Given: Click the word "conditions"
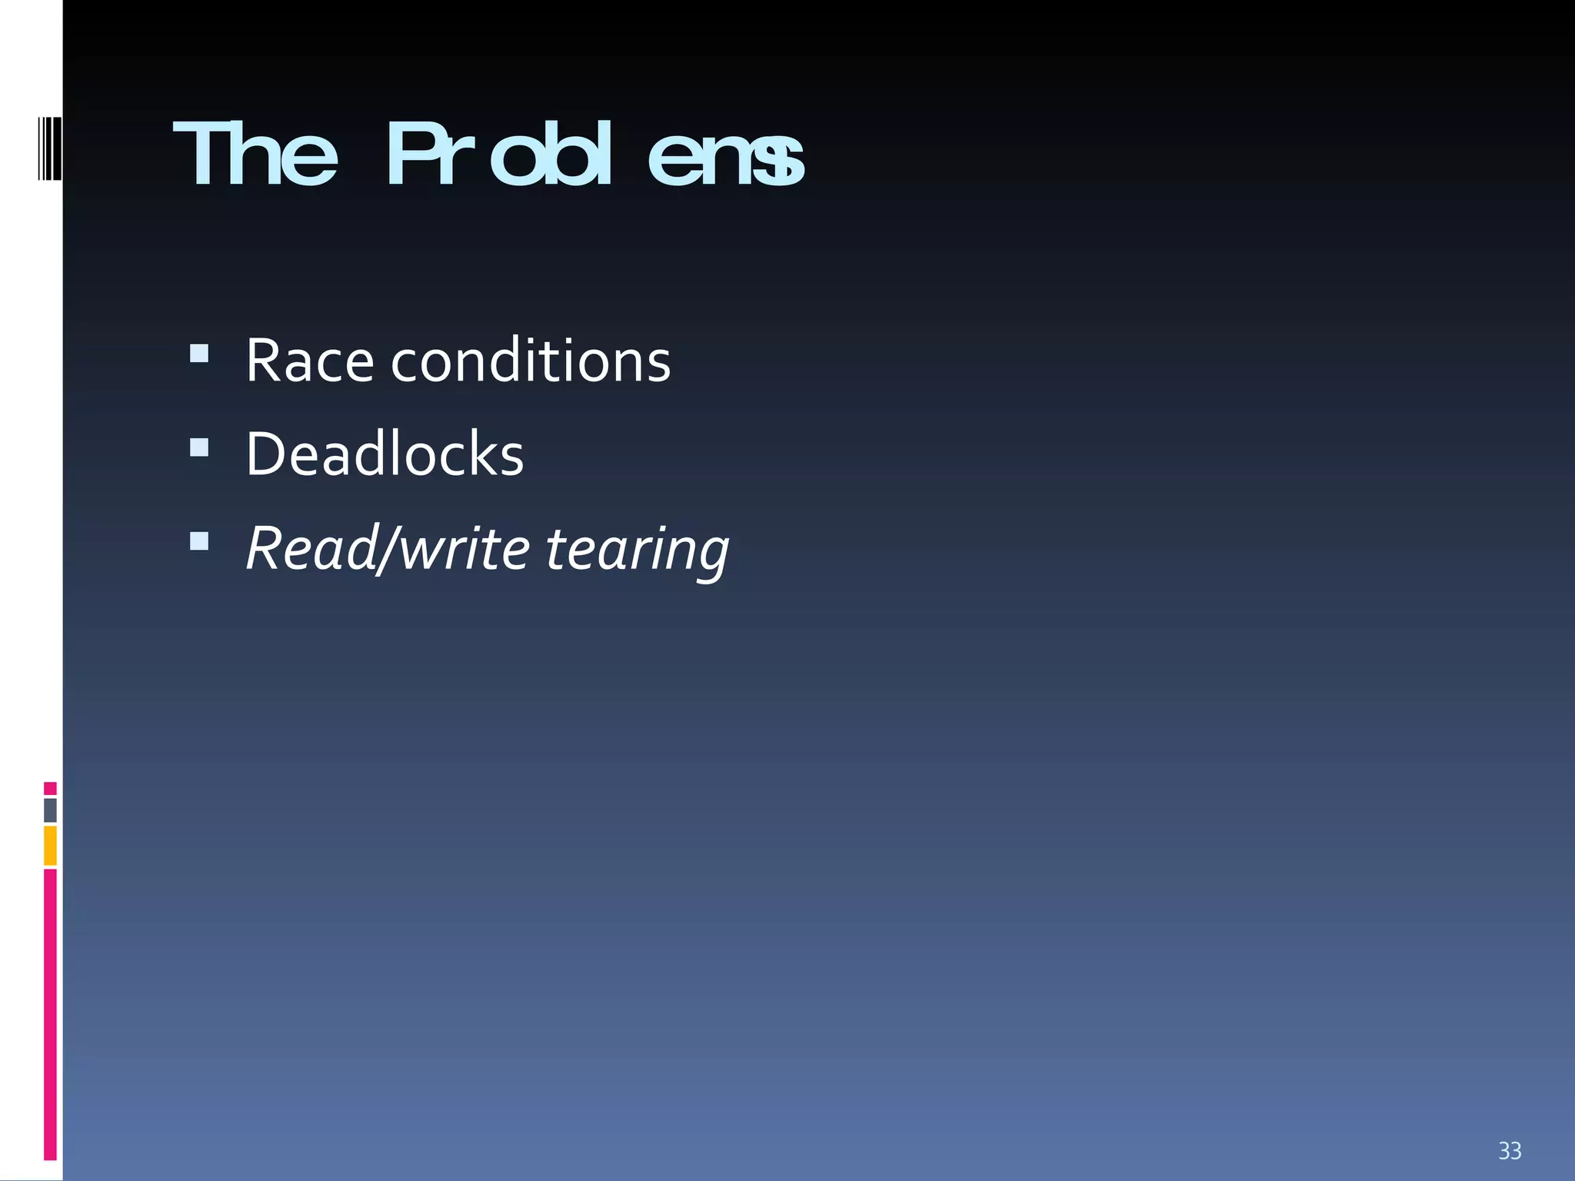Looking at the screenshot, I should coord(531,361).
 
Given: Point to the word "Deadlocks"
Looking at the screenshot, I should coord(385,454).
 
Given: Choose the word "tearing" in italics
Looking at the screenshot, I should coord(637,551).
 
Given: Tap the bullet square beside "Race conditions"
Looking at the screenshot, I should coord(199,353).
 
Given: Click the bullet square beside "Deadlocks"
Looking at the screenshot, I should coord(199,447).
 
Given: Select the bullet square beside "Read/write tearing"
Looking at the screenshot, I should coord(199,541).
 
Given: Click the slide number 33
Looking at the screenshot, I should coord(1510,1150).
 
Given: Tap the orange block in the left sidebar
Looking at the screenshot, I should coord(50,846).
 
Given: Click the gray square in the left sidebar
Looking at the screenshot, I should coord(50,810).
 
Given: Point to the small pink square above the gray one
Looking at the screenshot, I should coord(50,788).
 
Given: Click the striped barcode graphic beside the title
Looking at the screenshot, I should coord(50,148).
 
